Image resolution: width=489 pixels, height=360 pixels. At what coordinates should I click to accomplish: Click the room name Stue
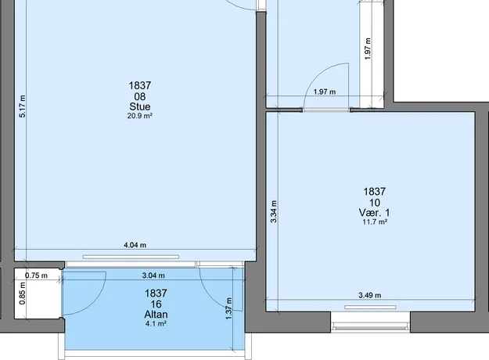click(x=140, y=106)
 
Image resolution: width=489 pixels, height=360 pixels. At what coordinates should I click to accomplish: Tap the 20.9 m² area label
click(x=140, y=116)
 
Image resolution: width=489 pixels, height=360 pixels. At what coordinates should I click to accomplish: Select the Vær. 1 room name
click(x=374, y=213)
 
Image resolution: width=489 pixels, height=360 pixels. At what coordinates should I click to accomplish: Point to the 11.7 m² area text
click(x=375, y=222)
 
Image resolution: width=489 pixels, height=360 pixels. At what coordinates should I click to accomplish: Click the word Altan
click(x=156, y=315)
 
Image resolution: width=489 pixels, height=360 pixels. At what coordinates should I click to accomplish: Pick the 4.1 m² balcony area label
click(x=156, y=324)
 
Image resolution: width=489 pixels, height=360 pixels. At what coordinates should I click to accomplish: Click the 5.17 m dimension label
click(x=23, y=106)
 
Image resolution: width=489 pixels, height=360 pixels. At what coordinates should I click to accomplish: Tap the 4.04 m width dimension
click(x=135, y=245)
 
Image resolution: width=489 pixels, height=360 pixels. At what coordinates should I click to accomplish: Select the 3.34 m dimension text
click(x=274, y=211)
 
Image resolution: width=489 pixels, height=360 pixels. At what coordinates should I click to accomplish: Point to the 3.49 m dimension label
click(x=370, y=295)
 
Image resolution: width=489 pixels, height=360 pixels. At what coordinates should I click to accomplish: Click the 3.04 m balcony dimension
click(x=153, y=275)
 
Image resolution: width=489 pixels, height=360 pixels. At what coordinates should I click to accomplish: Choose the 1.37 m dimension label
click(x=229, y=309)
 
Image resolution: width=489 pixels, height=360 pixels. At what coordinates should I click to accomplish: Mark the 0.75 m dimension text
click(x=37, y=275)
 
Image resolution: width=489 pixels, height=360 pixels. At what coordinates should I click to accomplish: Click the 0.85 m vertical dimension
click(x=23, y=293)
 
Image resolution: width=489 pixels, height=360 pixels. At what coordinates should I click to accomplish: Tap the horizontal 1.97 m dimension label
click(x=325, y=92)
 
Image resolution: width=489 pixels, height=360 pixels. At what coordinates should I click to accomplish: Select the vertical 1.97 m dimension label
click(x=368, y=49)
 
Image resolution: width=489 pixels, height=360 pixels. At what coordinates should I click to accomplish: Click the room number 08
click(x=140, y=96)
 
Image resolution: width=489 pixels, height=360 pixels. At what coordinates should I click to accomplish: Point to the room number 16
click(x=156, y=304)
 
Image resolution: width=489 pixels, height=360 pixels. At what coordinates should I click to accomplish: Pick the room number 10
click(x=375, y=203)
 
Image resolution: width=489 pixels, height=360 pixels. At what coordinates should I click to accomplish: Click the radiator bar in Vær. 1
click(x=370, y=308)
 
